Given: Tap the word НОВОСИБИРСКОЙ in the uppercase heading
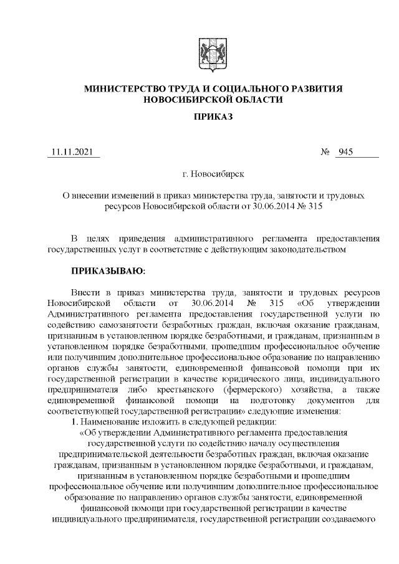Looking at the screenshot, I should pos(183,100).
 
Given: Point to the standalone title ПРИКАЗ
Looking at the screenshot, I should pos(213,118).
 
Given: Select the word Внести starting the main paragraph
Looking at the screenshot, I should pos(85,292).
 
